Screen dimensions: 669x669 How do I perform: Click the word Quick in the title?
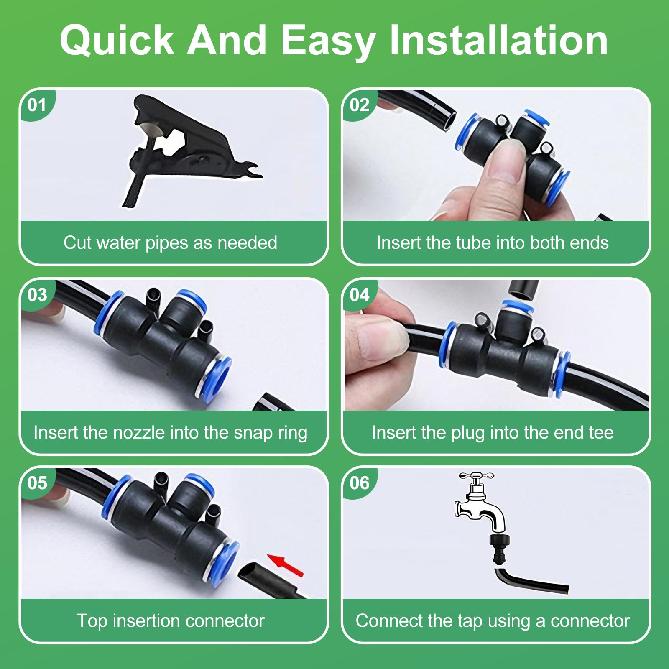(x=117, y=41)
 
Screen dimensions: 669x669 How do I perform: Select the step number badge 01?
(x=37, y=105)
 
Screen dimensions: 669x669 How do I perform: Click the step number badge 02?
(x=360, y=105)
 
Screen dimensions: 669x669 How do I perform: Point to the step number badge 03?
(x=37, y=295)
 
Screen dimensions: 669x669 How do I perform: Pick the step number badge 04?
(x=360, y=295)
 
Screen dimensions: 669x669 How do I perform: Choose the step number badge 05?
(x=37, y=483)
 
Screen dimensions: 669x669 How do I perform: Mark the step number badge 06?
(x=360, y=483)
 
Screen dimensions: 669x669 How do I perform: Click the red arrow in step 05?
(x=286, y=564)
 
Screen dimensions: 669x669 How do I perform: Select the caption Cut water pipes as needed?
(x=170, y=243)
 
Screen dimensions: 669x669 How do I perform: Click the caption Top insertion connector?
(x=171, y=621)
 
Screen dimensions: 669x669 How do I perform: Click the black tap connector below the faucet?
(x=500, y=548)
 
